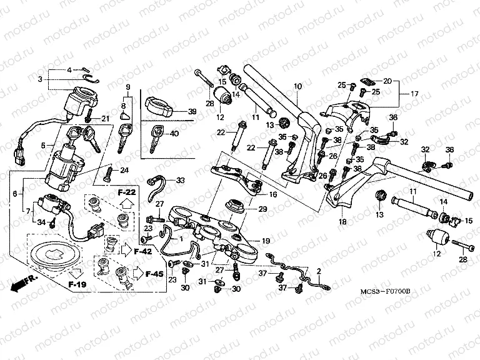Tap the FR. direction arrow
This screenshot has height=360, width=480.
24,282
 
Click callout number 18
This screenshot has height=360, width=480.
342,221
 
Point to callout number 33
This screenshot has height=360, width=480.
181,181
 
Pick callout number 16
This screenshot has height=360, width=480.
273,194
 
